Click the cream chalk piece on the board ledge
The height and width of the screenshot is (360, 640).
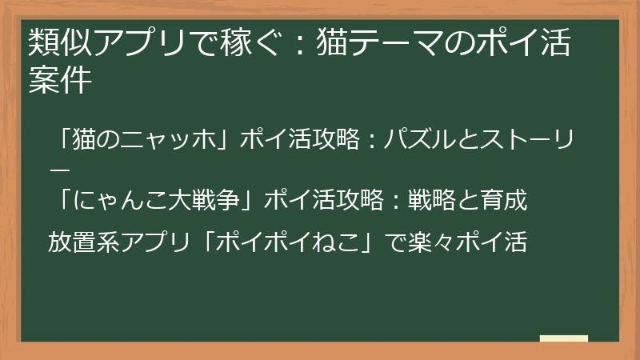(563, 338)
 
